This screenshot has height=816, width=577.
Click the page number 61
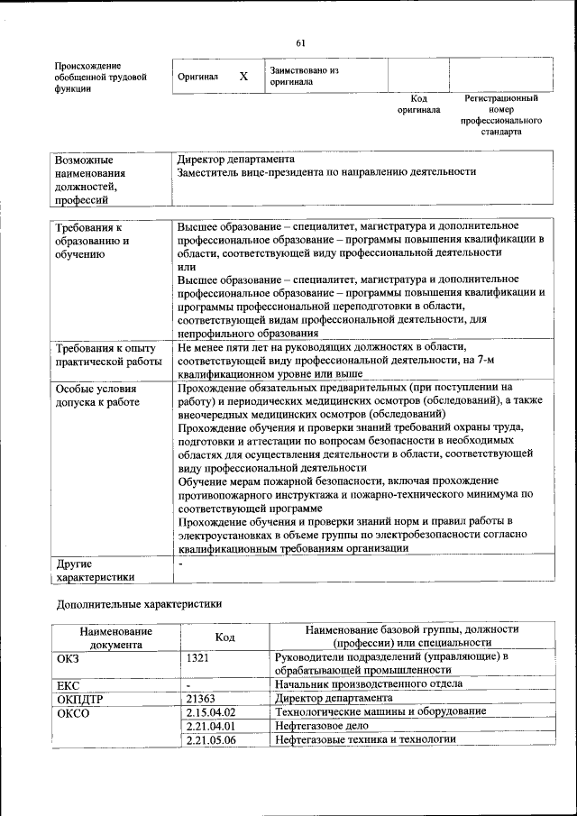[300, 41]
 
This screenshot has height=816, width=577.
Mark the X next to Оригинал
[243, 77]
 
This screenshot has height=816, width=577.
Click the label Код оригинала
[418, 104]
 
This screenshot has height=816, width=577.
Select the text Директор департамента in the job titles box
[235, 159]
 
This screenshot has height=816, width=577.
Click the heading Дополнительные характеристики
[138, 602]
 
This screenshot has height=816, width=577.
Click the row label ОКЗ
[69, 657]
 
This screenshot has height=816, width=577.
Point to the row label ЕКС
[69, 685]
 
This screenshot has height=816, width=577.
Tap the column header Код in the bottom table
[225, 637]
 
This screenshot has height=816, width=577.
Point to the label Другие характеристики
[96, 571]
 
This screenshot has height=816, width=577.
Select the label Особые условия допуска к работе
[97, 396]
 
